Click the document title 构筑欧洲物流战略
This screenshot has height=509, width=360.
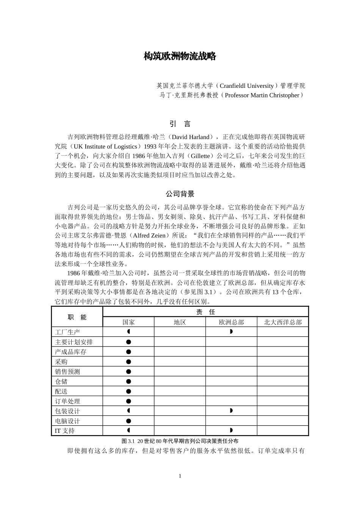(180, 56)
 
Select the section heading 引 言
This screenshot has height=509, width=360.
(180, 124)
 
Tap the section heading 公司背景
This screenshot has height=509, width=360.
(180, 194)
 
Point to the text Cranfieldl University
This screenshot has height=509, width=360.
(246, 86)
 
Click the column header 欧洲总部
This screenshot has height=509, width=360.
(231, 322)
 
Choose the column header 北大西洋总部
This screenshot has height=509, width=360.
(283, 322)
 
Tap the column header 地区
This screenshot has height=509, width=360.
(180, 322)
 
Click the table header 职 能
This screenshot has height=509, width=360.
(77, 317)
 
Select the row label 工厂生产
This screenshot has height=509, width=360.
(67, 332)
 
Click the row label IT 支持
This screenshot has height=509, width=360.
(65, 431)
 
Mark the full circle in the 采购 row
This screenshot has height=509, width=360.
(128, 362)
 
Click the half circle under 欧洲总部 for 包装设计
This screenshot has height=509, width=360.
(231, 411)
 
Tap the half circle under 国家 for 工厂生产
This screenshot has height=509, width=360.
(129, 332)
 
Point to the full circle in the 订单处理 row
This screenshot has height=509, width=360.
(128, 401)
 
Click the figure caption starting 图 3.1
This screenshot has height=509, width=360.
(180, 441)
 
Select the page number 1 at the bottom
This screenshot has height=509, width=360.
(180, 476)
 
